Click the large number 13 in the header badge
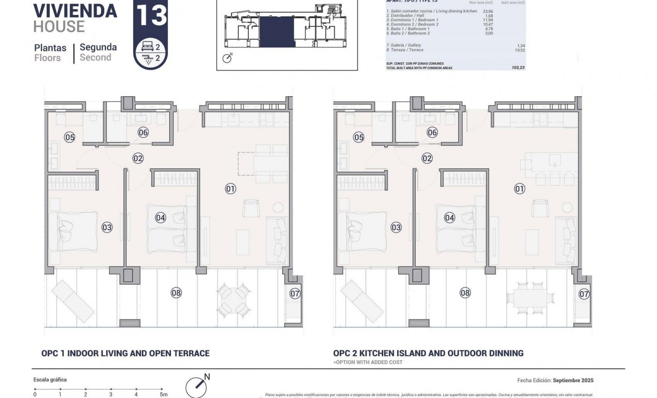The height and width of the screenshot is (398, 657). click(x=150, y=15)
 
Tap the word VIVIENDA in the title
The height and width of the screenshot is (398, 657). click(x=75, y=10)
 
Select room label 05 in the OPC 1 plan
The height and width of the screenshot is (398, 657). click(x=69, y=137)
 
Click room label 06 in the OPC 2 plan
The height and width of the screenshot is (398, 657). click(x=432, y=132)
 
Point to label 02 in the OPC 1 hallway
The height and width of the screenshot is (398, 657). click(x=138, y=158)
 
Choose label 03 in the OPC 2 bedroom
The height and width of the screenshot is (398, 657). click(x=396, y=227)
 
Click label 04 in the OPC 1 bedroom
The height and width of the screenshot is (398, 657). click(x=160, y=217)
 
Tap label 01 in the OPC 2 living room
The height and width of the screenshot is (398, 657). click(x=519, y=189)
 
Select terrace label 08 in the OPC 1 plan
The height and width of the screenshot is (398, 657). click(x=176, y=293)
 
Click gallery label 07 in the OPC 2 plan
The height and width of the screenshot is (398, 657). click(x=584, y=294)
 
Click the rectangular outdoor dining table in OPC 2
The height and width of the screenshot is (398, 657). click(x=529, y=298)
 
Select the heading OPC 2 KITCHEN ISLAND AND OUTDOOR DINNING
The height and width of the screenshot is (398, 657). click(x=428, y=353)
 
